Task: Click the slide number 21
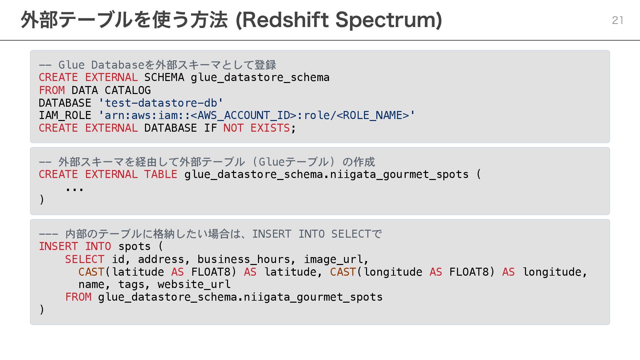(617, 20)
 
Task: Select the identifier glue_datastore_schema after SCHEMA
(260, 77)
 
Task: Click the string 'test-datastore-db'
(161, 103)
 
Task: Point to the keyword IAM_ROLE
(65, 115)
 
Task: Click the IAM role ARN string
(257, 115)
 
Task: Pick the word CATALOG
(128, 90)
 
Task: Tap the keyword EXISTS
(270, 128)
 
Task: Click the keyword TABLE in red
(161, 174)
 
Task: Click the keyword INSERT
(58, 246)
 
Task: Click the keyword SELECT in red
(85, 259)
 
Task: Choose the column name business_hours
(244, 259)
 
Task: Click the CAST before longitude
(343, 272)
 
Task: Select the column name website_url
(194, 284)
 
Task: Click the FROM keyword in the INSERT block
(78, 297)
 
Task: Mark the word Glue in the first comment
(71, 65)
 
